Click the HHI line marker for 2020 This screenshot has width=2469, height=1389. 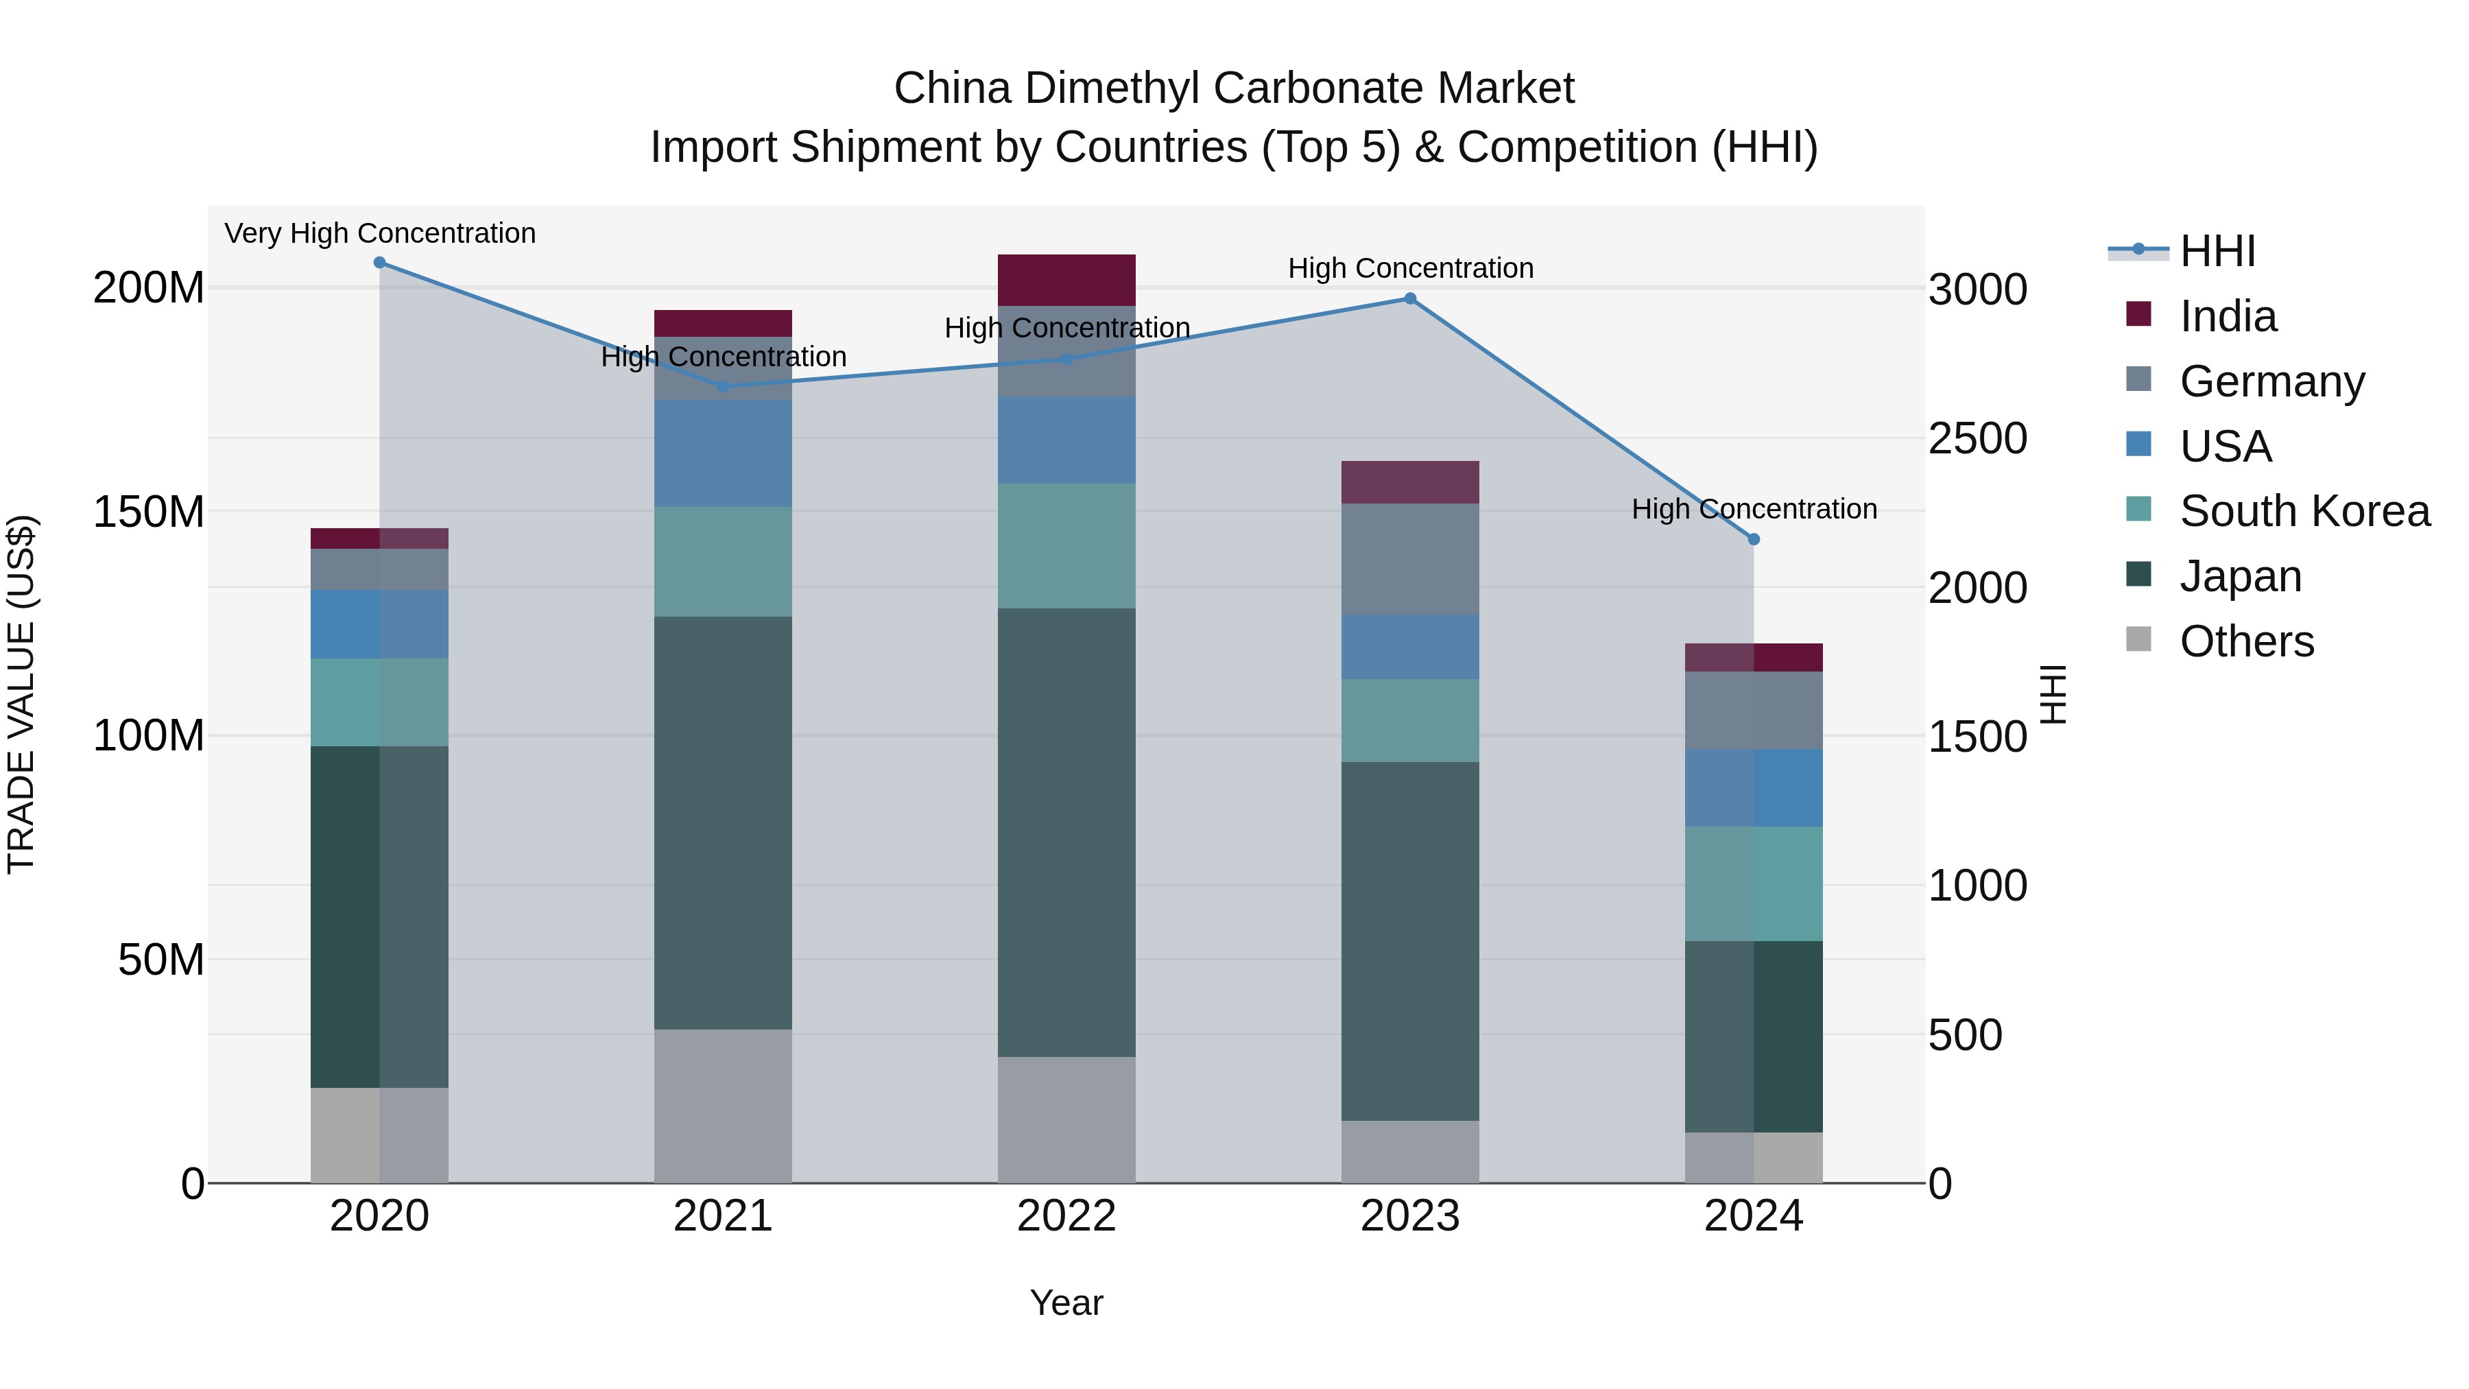379,263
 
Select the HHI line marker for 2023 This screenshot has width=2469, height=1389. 1410,299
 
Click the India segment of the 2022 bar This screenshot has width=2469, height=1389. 1066,280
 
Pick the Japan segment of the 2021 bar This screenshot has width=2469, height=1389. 723,822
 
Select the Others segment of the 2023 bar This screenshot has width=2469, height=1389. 1410,1151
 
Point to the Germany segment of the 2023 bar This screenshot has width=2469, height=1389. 1410,559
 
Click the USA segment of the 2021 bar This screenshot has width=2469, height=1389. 723,453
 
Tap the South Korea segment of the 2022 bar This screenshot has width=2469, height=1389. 1066,545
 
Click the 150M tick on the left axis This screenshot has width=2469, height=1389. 149,512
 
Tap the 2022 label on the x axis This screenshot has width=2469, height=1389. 1066,1216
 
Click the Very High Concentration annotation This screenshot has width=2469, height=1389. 379,233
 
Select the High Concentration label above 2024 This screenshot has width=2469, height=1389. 1753,509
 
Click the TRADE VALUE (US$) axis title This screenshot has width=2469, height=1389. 21,694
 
